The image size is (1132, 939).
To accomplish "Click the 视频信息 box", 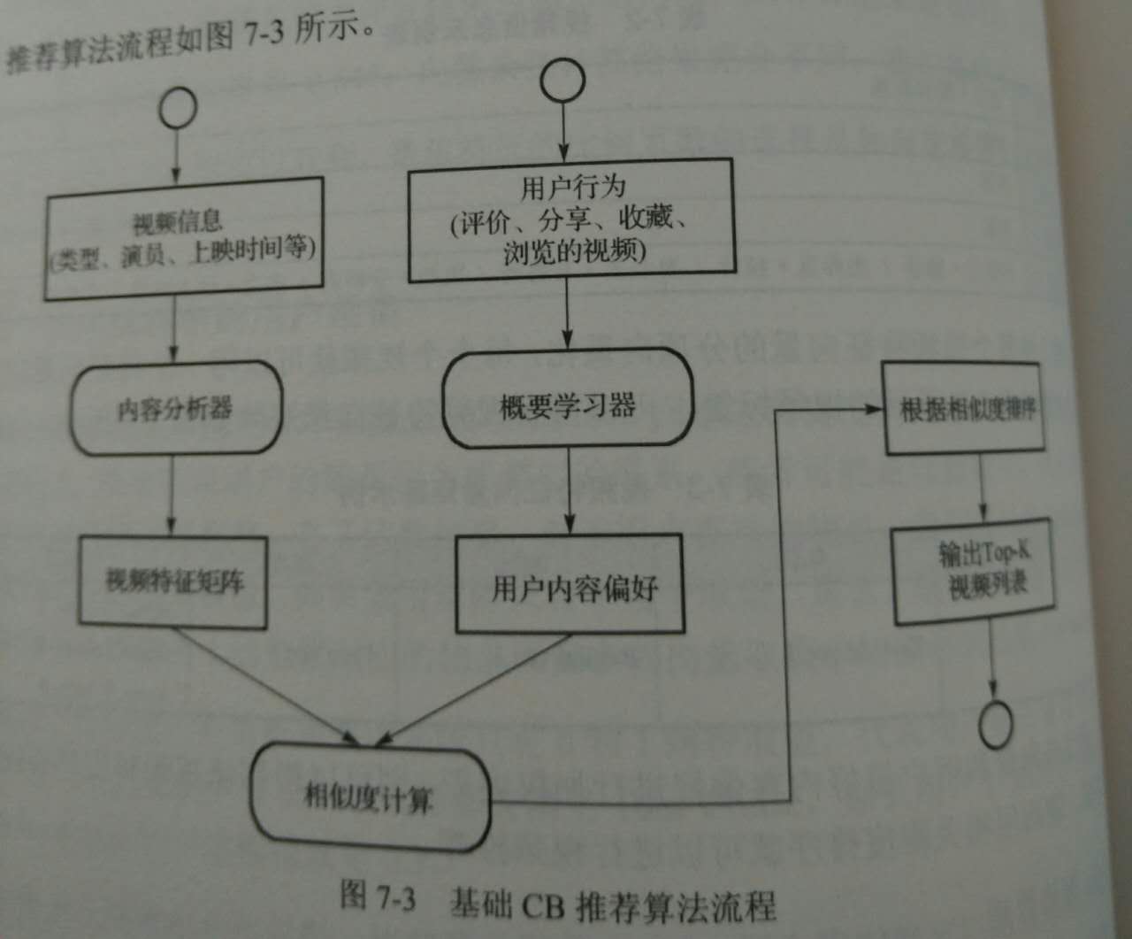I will [183, 237].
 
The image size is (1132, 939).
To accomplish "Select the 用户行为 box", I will [571, 219].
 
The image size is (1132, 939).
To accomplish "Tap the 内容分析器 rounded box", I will [175, 408].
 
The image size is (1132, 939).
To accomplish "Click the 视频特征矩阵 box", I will [173, 581].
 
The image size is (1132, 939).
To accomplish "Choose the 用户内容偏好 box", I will [570, 585].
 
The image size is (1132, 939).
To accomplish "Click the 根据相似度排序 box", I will [965, 409].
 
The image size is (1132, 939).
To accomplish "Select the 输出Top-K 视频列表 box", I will [975, 574].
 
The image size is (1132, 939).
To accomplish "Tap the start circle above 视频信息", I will [177, 108].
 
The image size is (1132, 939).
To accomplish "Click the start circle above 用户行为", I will [562, 81].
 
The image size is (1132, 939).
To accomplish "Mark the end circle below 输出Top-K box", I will [996, 725].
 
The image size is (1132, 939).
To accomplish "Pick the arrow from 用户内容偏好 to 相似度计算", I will [478, 687].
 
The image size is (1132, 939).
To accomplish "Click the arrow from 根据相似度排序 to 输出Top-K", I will [981, 491].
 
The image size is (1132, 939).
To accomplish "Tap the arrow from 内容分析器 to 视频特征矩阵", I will [172, 496].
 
